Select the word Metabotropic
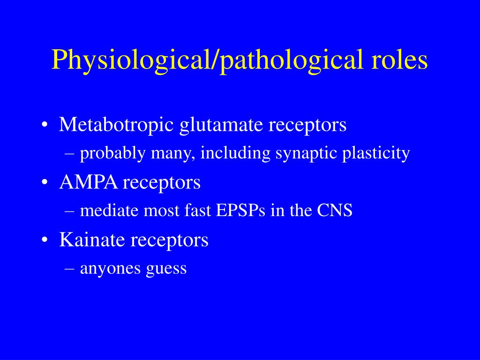pyautogui.click(x=117, y=125)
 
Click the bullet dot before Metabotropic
pyautogui.click(x=44, y=126)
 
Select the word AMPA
pyautogui.click(x=89, y=182)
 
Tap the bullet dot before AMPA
pyautogui.click(x=44, y=183)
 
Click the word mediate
pyautogui.click(x=109, y=211)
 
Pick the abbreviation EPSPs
pyautogui.click(x=241, y=211)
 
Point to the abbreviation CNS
pyautogui.click(x=335, y=211)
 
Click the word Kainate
pyautogui.click(x=92, y=240)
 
